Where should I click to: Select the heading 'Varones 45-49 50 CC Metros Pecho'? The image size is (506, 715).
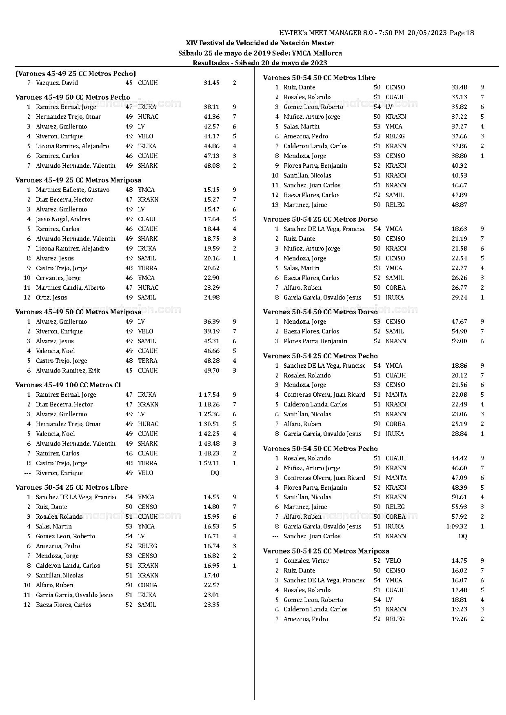click(x=73, y=97)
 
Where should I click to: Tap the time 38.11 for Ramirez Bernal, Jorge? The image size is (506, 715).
click(x=211, y=107)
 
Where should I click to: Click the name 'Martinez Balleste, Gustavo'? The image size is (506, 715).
click(x=73, y=190)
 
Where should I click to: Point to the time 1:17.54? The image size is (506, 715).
click(x=209, y=395)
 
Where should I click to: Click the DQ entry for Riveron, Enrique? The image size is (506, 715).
click(x=215, y=473)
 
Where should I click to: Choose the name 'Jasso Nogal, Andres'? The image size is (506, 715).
click(x=63, y=219)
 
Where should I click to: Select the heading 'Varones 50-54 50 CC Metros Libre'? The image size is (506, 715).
click(x=319, y=78)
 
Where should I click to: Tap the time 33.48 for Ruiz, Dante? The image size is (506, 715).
click(x=459, y=87)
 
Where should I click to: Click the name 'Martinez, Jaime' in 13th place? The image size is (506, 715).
click(x=305, y=205)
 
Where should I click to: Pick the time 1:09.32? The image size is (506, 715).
click(x=457, y=526)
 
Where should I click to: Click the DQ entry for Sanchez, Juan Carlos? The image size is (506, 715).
click(x=462, y=536)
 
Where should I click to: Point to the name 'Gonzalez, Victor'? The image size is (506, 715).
click(x=306, y=561)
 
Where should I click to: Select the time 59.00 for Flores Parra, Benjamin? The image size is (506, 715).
click(x=459, y=341)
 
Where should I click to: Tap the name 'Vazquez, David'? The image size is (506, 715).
click(x=57, y=83)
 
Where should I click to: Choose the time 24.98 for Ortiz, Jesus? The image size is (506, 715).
click(x=211, y=298)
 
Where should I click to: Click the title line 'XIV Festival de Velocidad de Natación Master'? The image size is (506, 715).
click(x=260, y=43)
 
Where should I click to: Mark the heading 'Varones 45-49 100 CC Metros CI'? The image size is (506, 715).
click(x=68, y=385)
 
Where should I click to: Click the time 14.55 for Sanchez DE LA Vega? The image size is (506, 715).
click(x=211, y=497)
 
